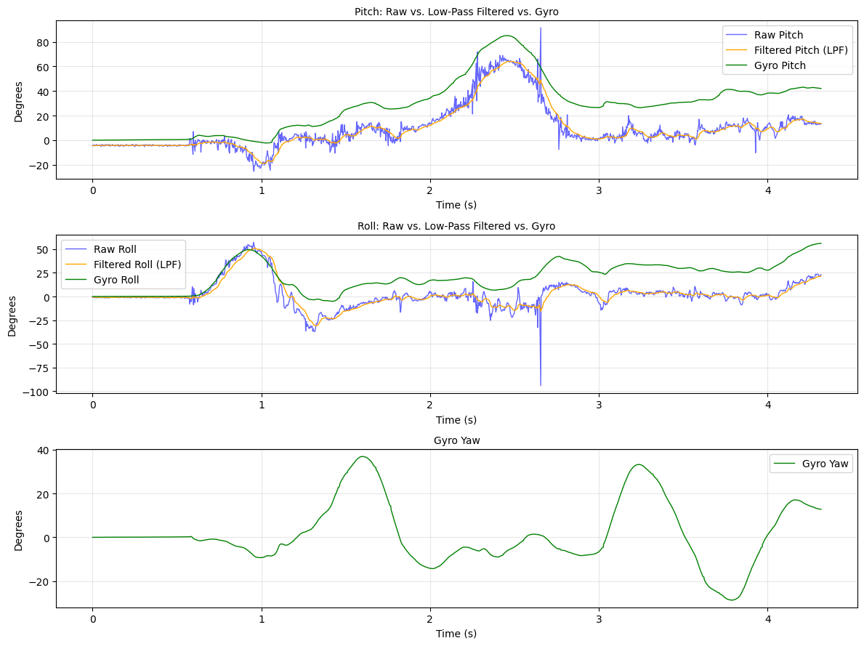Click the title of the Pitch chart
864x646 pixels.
click(x=456, y=12)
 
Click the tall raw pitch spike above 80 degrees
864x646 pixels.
click(x=541, y=29)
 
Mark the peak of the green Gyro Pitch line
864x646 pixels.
click(x=507, y=36)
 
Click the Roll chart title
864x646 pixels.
click(x=456, y=226)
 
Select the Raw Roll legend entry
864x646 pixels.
click(x=115, y=249)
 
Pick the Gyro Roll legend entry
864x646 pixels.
click(x=117, y=280)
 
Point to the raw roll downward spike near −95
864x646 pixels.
click(x=541, y=384)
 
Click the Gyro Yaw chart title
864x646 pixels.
click(x=456, y=440)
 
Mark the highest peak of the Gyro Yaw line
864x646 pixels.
click(x=363, y=456)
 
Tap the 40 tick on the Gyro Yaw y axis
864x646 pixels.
click(x=43, y=451)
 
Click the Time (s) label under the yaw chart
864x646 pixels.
click(x=456, y=634)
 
